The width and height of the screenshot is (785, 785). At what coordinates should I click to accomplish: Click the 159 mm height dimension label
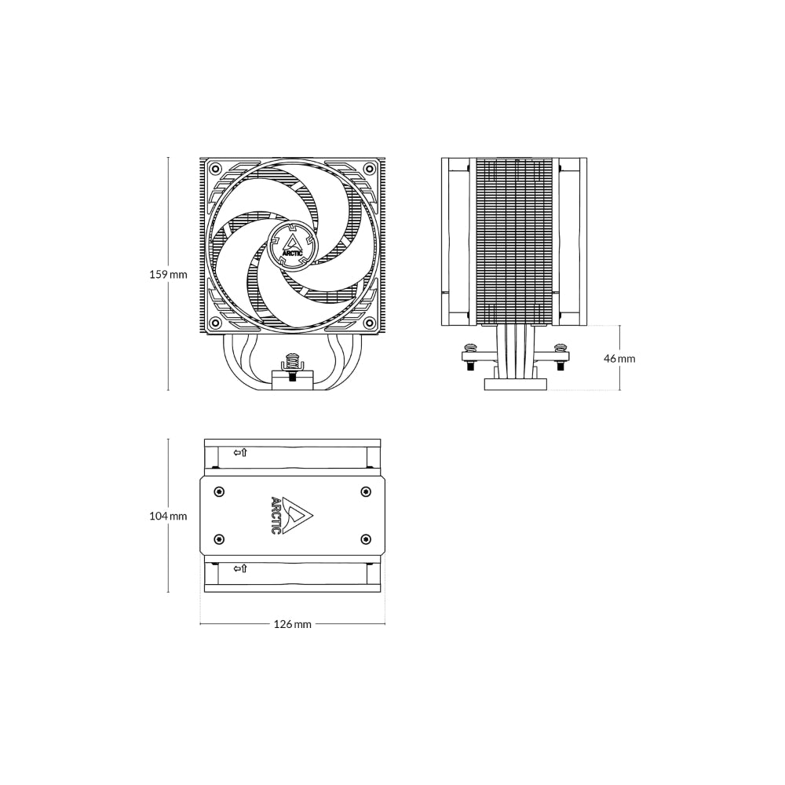click(168, 274)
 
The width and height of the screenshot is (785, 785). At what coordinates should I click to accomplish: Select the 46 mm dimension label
click(619, 359)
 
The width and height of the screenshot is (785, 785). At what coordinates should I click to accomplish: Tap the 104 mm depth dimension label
click(168, 516)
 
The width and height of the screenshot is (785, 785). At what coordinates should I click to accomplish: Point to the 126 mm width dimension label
click(292, 624)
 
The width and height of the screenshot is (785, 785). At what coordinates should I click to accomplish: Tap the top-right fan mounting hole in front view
click(370, 167)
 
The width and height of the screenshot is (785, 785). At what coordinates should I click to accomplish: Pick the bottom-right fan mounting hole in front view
click(370, 321)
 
